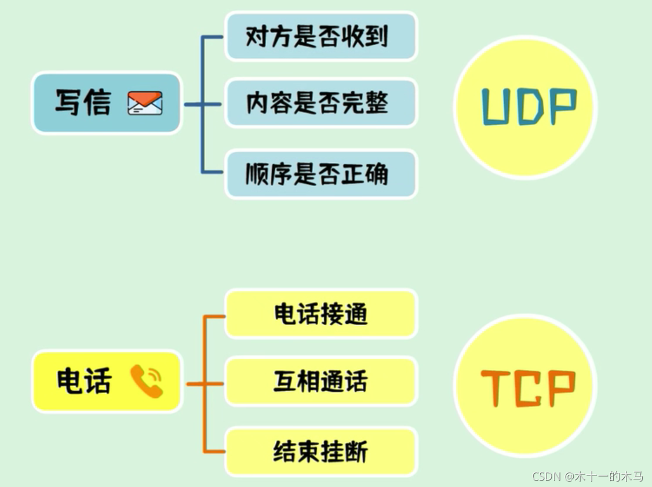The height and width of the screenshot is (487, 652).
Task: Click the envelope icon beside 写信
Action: coord(145,103)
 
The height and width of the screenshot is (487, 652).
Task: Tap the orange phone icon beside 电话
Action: coord(147,381)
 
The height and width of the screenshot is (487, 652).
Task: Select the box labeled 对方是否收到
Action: coord(321,37)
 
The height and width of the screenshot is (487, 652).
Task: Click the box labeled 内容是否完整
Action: coord(321,103)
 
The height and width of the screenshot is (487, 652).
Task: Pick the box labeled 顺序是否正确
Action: coord(321,174)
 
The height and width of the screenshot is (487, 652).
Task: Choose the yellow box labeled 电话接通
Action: coord(321,314)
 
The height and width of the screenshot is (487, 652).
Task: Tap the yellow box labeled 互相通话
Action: coord(321,381)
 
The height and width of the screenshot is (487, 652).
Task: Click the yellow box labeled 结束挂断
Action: coord(321,452)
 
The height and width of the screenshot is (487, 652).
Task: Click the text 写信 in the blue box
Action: coord(83,103)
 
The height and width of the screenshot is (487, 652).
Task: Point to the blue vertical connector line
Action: coord(203,139)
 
